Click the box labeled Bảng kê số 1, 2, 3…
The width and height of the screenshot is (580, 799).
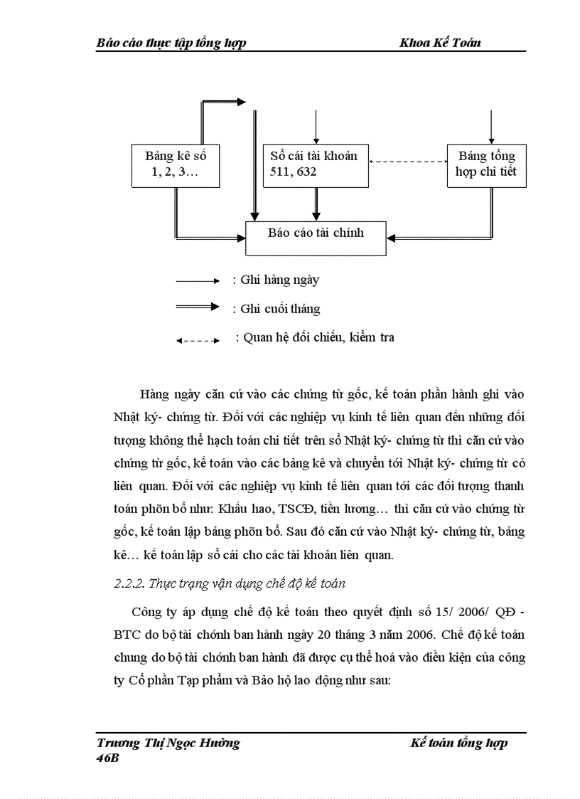coord(175,165)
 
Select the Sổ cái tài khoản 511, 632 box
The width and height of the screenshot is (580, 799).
coord(315,165)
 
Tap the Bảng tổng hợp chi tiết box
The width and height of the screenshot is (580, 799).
coord(486,165)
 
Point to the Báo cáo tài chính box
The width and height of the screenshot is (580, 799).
coord(316,237)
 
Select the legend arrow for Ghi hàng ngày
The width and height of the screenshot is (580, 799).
coord(197,281)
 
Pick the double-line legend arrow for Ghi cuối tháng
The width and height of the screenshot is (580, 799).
coord(197,307)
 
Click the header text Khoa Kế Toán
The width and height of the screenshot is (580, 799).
coord(440,43)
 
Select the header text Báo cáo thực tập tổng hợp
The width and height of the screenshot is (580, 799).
coord(171,43)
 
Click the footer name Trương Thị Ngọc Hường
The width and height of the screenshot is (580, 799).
coord(168,743)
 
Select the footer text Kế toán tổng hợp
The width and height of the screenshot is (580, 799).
coord(458,743)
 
